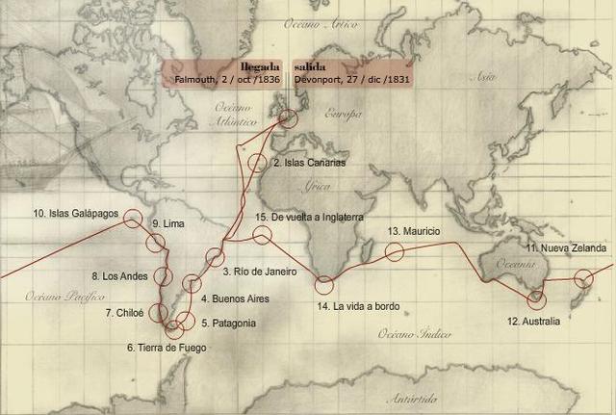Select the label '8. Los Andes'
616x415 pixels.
(x=119, y=276)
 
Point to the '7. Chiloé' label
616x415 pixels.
(x=124, y=313)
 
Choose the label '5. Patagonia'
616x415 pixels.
(x=228, y=323)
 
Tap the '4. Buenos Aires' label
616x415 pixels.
(x=235, y=299)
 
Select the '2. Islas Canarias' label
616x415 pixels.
(x=309, y=163)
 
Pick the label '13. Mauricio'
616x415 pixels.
(x=414, y=232)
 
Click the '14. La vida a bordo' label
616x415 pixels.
(x=358, y=307)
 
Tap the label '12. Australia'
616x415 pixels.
(x=533, y=322)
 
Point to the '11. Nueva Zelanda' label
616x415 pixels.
(x=566, y=248)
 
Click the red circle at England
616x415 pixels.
(x=289, y=117)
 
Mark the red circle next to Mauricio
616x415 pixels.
(x=394, y=252)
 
